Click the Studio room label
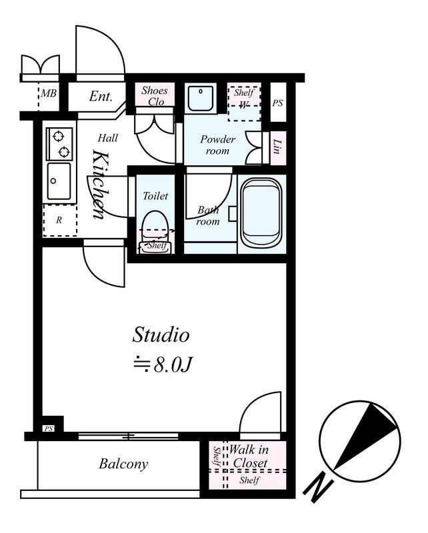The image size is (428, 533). coord(161,334)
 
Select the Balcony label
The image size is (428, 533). coord(123,464)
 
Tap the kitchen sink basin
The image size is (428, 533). coord(59,181)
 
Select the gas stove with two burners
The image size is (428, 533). coord(59,144)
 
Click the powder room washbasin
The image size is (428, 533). coord(201,98)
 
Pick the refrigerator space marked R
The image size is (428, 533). coord(59,221)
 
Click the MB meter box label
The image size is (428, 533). coord(48,93)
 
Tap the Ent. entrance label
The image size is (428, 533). coord(101,97)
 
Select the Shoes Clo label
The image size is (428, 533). coord(155,96)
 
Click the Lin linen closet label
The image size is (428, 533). coord(277,147)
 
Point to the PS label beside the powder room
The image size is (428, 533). coord(277,103)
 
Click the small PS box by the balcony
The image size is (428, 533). coord(49,428)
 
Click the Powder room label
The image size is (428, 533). coord(217,145)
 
